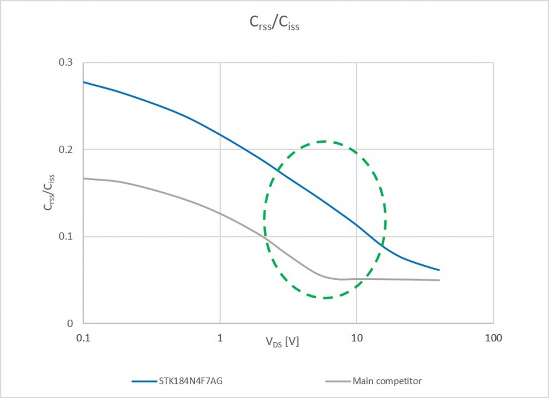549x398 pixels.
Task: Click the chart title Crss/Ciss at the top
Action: pyautogui.click(x=274, y=24)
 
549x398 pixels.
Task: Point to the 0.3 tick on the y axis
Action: pyautogui.click(x=66, y=63)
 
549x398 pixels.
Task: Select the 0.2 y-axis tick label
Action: pyautogui.click(x=66, y=150)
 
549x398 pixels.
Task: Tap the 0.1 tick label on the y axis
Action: pyautogui.click(x=66, y=236)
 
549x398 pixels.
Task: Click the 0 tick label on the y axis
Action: pyautogui.click(x=70, y=323)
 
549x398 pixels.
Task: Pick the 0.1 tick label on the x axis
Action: pyautogui.click(x=83, y=338)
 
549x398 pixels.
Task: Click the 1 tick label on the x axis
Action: pyautogui.click(x=220, y=338)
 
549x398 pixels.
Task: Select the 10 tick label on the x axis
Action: pyautogui.click(x=356, y=338)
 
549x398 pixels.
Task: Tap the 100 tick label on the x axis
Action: pyautogui.click(x=493, y=338)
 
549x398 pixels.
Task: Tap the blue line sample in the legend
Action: pyautogui.click(x=145, y=380)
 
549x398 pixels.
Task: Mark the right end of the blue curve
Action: pyautogui.click(x=439, y=270)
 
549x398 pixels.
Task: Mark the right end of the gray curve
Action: pyautogui.click(x=439, y=280)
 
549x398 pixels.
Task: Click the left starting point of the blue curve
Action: pyautogui.click(x=84, y=82)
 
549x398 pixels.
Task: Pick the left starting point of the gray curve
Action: pyautogui.click(x=84, y=178)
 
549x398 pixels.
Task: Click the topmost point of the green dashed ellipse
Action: pyautogui.click(x=324, y=141)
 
